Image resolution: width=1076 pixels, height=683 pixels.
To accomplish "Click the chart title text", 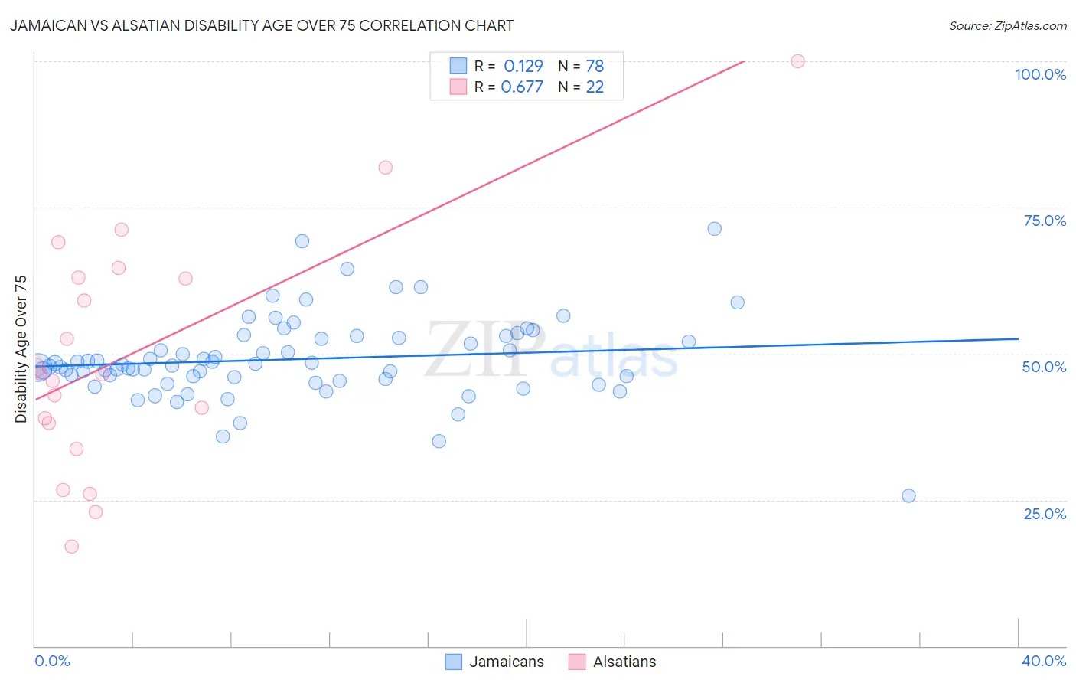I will (262, 25).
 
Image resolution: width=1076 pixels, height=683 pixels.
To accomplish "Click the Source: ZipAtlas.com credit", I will (1007, 25).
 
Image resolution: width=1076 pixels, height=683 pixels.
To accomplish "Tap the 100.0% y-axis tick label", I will (1040, 74).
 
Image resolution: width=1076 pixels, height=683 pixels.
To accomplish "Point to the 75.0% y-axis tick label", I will (1045, 221).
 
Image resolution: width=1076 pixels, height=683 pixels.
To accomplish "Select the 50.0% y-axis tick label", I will (1044, 367).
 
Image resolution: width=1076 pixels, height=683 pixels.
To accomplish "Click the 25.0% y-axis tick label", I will (1045, 514).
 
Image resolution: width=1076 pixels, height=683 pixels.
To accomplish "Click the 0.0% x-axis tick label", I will (52, 661).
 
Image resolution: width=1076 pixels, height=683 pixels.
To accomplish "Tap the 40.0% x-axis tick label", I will (1044, 661).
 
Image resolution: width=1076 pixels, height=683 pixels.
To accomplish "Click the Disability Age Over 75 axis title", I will (21, 349).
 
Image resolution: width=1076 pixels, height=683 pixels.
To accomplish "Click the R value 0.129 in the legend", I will (523, 67).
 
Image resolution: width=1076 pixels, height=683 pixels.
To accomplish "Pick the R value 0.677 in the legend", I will (522, 87).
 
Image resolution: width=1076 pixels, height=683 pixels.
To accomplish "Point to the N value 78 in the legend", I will (595, 67).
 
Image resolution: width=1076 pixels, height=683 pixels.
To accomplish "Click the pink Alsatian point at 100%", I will (797, 61).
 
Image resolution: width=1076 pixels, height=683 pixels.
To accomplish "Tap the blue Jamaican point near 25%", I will (908, 495).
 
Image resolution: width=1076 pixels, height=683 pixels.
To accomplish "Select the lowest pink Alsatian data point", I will (71, 546).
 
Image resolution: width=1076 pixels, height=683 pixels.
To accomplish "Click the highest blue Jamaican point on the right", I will (714, 229).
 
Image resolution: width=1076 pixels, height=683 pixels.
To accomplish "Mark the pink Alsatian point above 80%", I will (385, 168).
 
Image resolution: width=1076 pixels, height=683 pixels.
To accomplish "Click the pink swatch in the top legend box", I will (458, 87).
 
